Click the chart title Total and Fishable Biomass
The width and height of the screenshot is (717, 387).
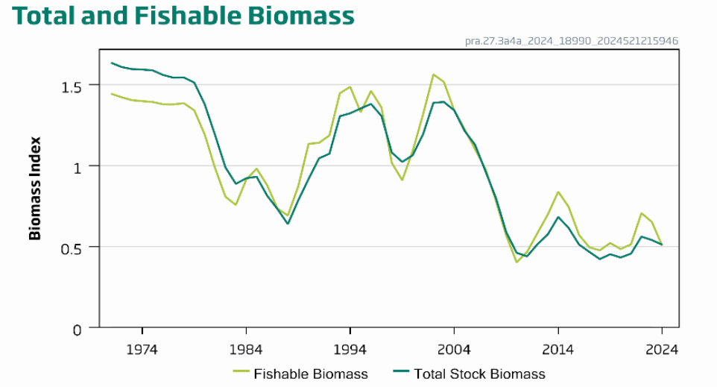pos(183,16)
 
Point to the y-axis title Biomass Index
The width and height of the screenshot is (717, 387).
pos(35,188)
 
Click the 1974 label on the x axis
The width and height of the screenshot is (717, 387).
pos(142,349)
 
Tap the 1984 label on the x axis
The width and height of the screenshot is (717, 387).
pos(246,349)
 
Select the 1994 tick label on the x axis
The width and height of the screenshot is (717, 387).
pos(350,349)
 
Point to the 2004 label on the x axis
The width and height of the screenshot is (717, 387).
pos(454,349)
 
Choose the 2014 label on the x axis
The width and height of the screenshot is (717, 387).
pos(558,349)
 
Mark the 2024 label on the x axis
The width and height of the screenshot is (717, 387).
pos(661,349)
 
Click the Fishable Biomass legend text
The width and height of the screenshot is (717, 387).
pos(311,374)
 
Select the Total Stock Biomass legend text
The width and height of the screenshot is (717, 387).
pos(479,374)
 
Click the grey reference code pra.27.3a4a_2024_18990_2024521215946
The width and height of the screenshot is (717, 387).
pos(572,41)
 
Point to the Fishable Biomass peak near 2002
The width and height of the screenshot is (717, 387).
pos(433,75)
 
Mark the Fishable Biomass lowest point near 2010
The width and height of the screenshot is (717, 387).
pos(516,262)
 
